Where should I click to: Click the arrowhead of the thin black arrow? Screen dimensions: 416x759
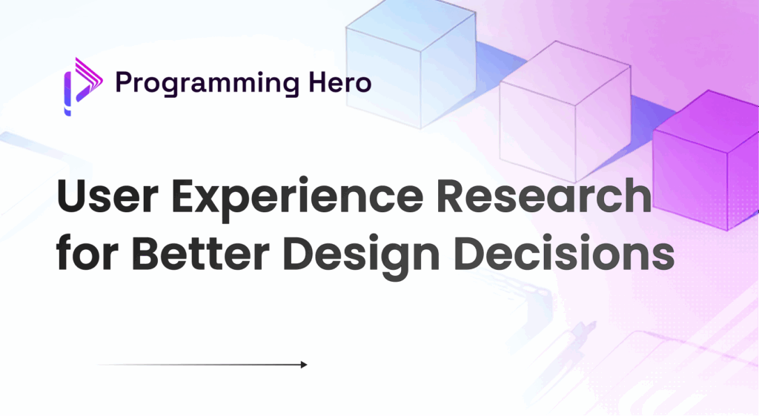coord(303,364)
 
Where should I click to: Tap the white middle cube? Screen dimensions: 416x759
coord(563,111)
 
